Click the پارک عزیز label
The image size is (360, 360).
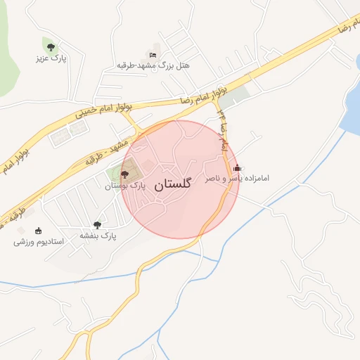(x=51, y=58)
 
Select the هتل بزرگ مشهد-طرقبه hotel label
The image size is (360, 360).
(x=158, y=66)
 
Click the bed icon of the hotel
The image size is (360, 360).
(x=153, y=54)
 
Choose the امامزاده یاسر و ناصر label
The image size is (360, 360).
(x=237, y=179)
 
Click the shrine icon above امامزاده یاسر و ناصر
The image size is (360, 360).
(x=237, y=168)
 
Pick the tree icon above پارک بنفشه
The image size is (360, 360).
(x=97, y=226)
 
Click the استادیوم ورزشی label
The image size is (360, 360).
(x=39, y=242)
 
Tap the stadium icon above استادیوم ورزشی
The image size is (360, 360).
(x=38, y=231)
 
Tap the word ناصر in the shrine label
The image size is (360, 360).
(x=214, y=179)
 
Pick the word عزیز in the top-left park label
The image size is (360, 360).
(x=43, y=58)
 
